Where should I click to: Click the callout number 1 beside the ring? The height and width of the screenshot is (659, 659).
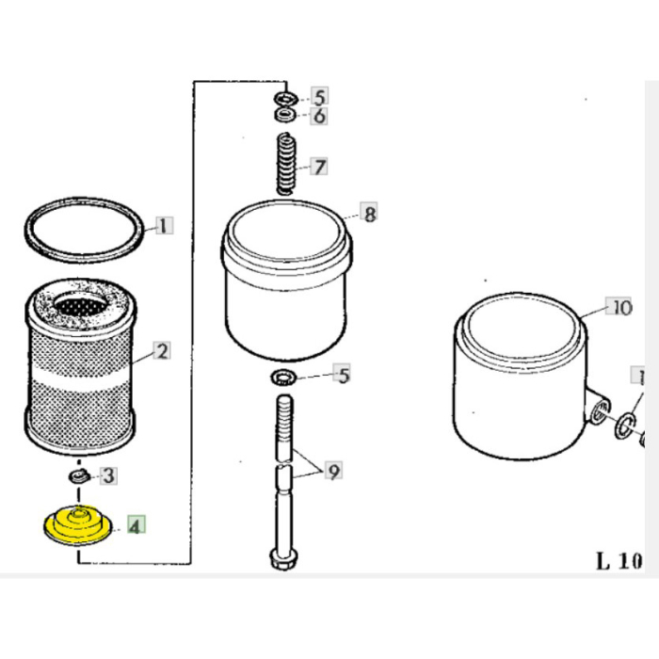[165, 226]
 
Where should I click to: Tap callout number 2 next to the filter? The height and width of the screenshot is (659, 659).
[162, 352]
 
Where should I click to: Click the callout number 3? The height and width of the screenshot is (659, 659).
[109, 475]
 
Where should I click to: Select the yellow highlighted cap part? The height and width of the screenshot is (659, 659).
[79, 527]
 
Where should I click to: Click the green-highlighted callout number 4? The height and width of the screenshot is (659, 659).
[136, 525]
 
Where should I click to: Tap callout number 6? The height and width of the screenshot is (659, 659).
[319, 117]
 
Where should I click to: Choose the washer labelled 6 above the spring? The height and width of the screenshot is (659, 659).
[284, 115]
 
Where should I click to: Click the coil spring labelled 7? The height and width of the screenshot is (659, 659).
[285, 166]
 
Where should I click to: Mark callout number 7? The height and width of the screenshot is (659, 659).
[320, 168]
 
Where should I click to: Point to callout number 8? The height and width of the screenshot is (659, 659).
[370, 215]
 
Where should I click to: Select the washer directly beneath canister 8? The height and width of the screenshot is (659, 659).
[281, 378]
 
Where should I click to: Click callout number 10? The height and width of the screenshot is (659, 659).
[621, 308]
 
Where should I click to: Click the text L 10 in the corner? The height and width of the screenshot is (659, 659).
[619, 562]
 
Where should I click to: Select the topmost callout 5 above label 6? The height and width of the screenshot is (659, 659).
[319, 97]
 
